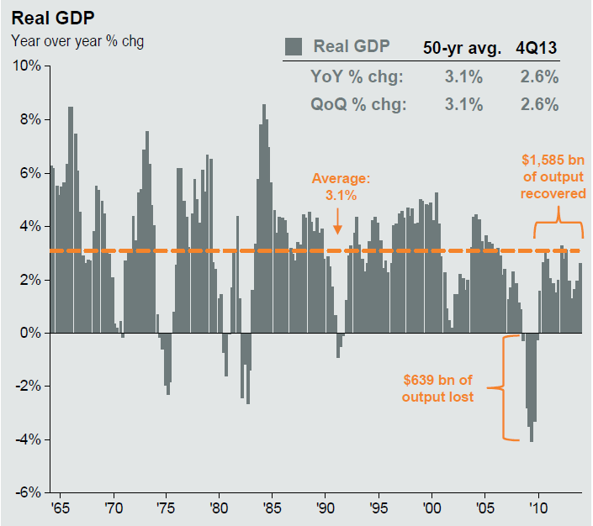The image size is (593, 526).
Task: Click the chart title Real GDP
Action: pyautogui.click(x=46, y=17)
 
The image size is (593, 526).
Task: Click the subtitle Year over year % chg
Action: pyautogui.click(x=77, y=40)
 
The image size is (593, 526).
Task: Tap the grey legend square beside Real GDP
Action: pyautogui.click(x=294, y=46)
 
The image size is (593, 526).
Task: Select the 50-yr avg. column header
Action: pyautogui.click(x=458, y=47)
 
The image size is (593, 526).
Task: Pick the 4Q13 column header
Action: pyautogui.click(x=537, y=47)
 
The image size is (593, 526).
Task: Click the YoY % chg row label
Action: pyautogui.click(x=357, y=76)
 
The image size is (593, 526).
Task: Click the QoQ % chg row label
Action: pyautogui.click(x=357, y=104)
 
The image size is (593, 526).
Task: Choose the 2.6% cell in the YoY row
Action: pyautogui.click(x=538, y=76)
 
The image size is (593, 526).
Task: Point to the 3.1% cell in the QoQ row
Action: pyautogui.click(x=463, y=104)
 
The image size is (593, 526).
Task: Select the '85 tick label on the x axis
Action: pyautogui.click(x=272, y=508)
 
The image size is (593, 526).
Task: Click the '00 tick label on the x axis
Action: pyautogui.click(x=432, y=508)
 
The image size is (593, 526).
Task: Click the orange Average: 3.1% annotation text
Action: pyautogui.click(x=340, y=187)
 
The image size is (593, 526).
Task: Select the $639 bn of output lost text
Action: pyautogui.click(x=437, y=388)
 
